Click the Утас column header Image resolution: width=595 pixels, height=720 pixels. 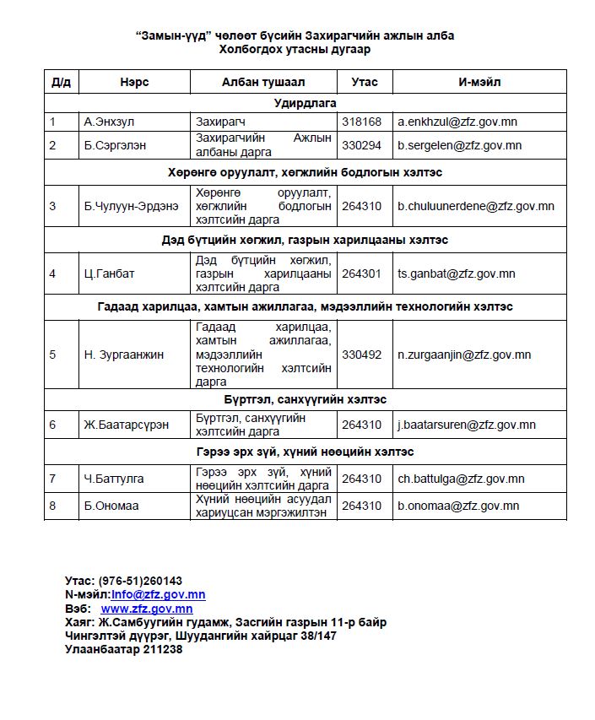click(364, 82)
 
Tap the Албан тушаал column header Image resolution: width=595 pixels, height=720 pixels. click(263, 82)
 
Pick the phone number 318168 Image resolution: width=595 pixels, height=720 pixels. click(361, 122)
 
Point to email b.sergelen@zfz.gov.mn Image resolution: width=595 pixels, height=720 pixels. click(460, 145)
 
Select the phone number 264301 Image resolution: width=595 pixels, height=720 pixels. click(361, 273)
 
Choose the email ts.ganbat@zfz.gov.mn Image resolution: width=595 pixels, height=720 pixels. click(457, 273)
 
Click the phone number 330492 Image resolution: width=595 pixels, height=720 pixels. click(361, 355)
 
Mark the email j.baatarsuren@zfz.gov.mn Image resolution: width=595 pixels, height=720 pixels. click(467, 425)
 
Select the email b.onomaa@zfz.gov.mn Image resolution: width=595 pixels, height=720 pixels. click(458, 506)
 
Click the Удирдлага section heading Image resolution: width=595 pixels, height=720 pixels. click(305, 102)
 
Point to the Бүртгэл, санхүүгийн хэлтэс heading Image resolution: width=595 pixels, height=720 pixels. click(305, 399)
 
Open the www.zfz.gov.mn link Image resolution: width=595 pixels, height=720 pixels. click(147, 608)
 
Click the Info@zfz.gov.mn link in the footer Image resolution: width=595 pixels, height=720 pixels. click(159, 594)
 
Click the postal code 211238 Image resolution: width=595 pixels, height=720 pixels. click(162, 649)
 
